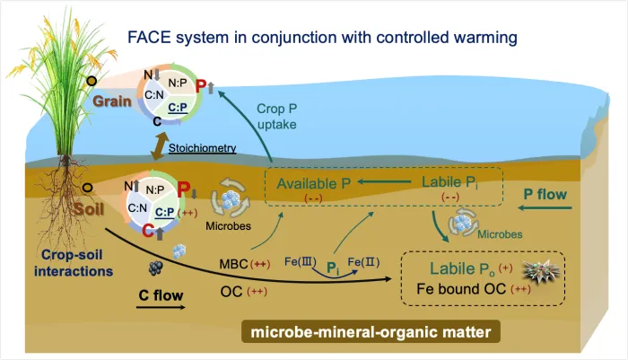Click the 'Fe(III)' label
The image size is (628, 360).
tap(300, 260)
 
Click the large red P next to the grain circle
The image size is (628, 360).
tap(201, 87)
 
